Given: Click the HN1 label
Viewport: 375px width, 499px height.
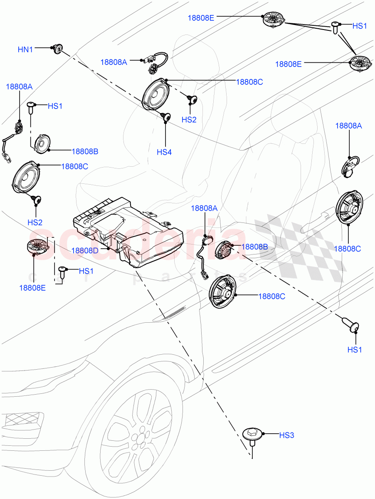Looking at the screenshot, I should [25, 49].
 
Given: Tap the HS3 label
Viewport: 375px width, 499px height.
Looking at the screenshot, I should [286, 435].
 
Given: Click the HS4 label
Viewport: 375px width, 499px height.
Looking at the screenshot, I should [164, 152].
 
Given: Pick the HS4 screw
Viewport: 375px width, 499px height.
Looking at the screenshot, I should [167, 118].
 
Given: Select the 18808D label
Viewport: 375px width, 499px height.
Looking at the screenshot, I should [84, 250].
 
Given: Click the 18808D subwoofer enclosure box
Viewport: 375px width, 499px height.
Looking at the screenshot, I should [125, 233].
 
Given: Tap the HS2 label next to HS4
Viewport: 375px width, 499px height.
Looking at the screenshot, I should [189, 119].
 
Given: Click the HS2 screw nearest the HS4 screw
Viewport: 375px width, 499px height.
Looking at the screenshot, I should [192, 99].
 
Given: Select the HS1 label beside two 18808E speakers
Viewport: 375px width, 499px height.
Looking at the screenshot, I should [360, 26].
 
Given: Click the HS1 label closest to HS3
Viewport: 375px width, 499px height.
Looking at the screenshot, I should [354, 350].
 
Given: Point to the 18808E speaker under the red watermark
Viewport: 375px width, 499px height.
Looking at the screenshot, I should [38, 247].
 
